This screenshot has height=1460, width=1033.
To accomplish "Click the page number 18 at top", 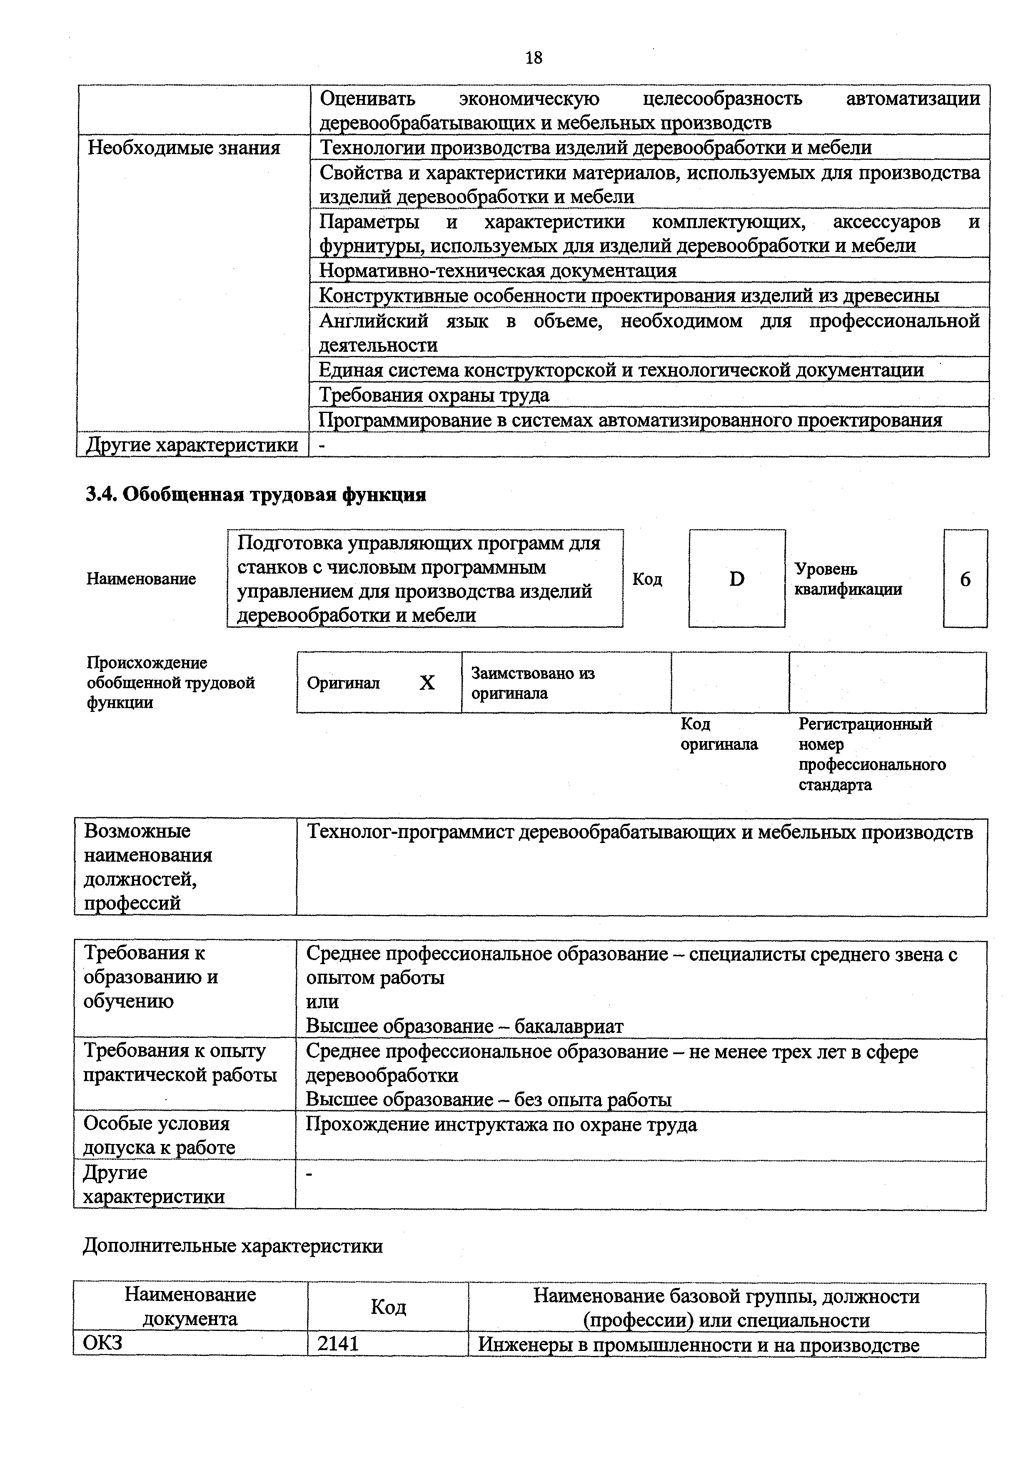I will pyautogui.click(x=534, y=58).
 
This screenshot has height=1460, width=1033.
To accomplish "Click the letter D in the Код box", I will pyautogui.click(x=736, y=579).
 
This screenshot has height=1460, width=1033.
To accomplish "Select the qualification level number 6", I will pyautogui.click(x=965, y=579).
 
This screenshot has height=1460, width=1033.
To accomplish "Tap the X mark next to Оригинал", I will pyautogui.click(x=427, y=683).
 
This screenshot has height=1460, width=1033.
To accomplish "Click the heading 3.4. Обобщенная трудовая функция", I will pyautogui.click(x=256, y=494).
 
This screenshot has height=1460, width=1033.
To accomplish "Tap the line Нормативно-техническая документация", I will pyautogui.click(x=497, y=271).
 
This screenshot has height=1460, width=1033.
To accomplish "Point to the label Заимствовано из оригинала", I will pyautogui.click(x=533, y=683).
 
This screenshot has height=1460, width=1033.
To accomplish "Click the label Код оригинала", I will pyautogui.click(x=719, y=734).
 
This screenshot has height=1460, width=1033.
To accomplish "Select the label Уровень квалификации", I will pyautogui.click(x=848, y=579).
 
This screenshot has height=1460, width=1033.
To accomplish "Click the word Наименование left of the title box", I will pyautogui.click(x=141, y=579).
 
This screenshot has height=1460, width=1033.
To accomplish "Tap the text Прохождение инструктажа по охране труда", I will pyautogui.click(x=501, y=1125).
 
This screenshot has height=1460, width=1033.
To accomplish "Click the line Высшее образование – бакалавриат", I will pyautogui.click(x=464, y=1026).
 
